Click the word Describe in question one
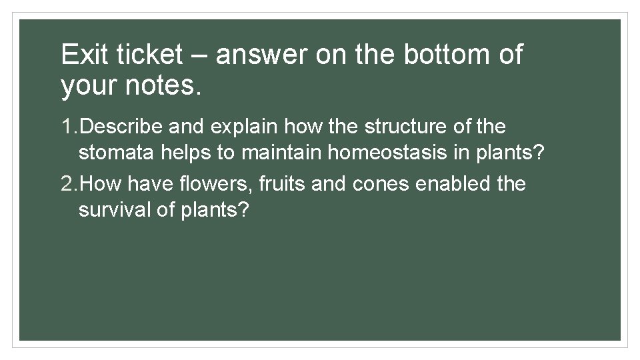pyautogui.click(x=127, y=126)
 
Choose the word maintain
pyautogui.click(x=283, y=153)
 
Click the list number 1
pyautogui.click(x=67, y=126)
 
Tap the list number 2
pyautogui.click(x=67, y=183)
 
